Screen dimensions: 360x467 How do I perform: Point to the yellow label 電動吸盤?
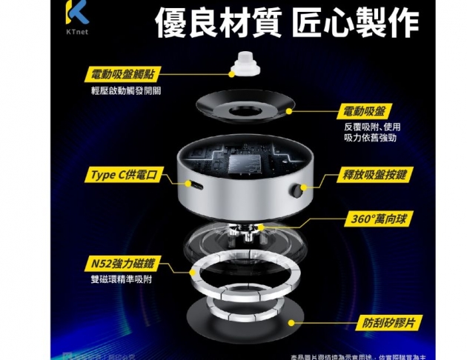tap(364, 112)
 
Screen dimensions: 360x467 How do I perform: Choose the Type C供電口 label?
tap(123, 176)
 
